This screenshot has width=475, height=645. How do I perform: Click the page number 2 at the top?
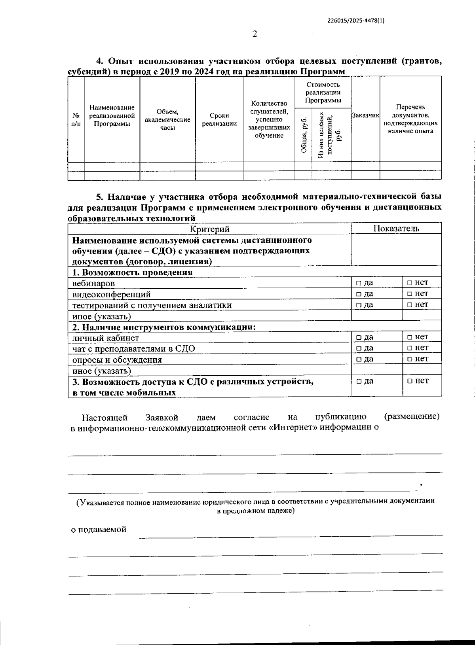(255, 34)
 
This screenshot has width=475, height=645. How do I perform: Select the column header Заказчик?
(365, 115)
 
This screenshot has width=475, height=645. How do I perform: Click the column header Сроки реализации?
(219, 119)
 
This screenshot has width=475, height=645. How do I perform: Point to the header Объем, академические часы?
(167, 119)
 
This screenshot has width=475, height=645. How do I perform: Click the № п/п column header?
(76, 119)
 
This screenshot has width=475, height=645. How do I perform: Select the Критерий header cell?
(209, 229)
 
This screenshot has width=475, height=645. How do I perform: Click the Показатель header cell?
(396, 228)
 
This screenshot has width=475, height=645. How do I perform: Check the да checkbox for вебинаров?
(358, 283)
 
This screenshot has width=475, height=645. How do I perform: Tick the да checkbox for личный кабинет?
(358, 337)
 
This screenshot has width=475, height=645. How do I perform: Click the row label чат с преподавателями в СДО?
(133, 349)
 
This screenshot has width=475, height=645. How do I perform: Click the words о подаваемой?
(99, 530)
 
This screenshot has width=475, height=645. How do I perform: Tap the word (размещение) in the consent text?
(412, 416)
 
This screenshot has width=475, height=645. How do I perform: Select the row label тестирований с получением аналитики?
(152, 305)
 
